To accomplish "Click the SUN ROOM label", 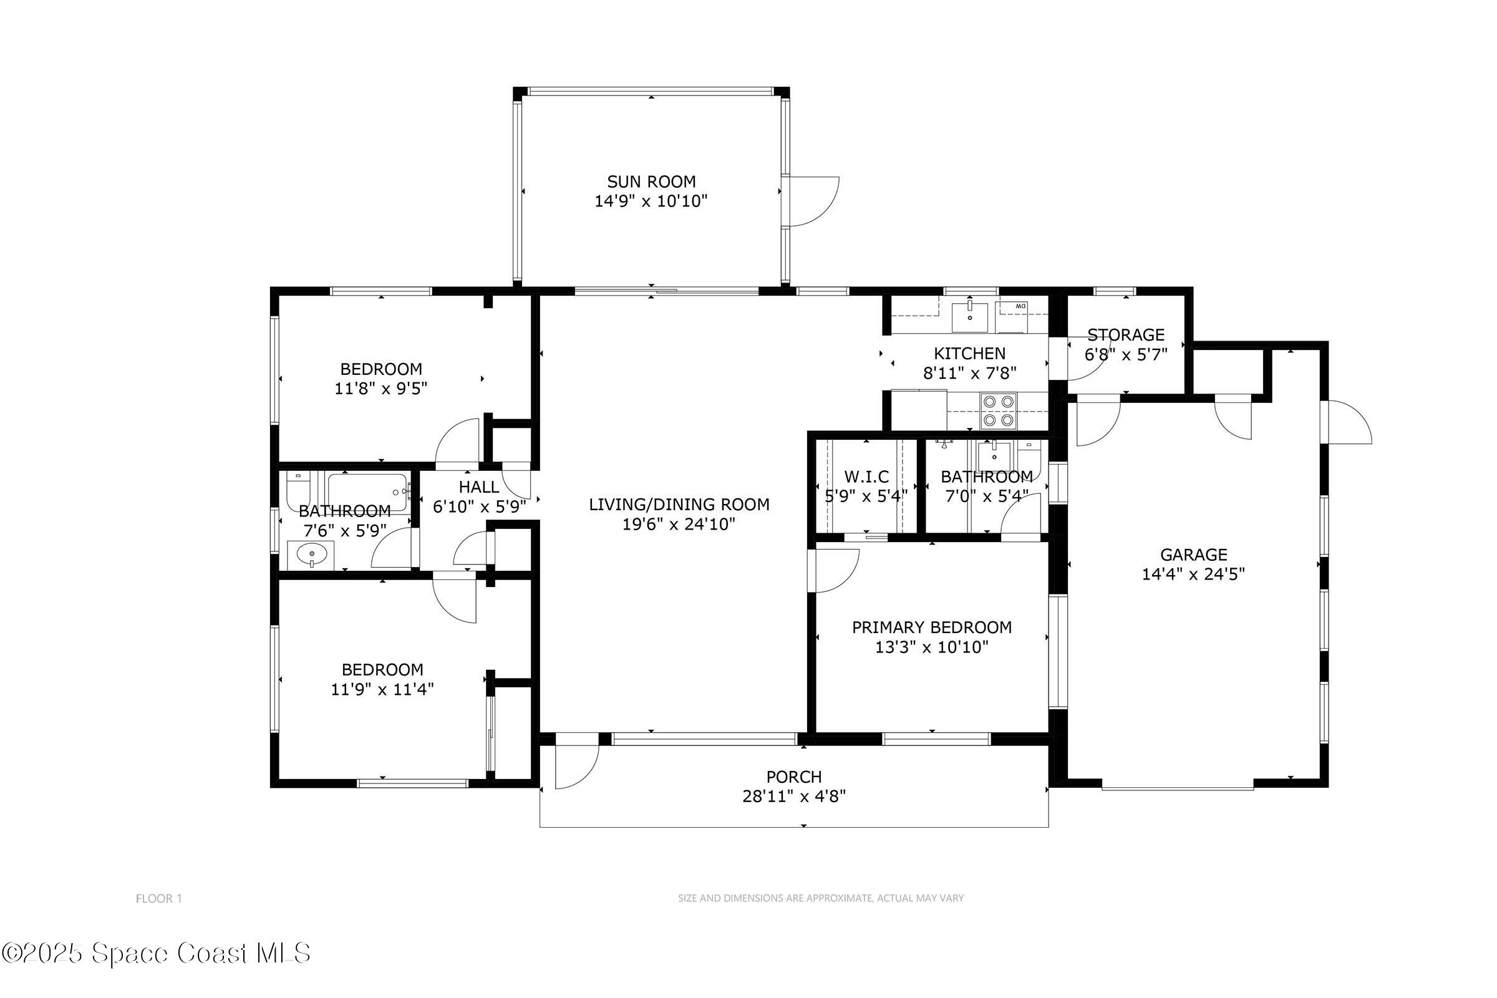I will [651, 182].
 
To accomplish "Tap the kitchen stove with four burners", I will [997, 411].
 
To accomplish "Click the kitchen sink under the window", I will [969, 317].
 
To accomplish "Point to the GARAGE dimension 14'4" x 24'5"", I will [1193, 574].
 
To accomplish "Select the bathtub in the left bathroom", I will [367, 492].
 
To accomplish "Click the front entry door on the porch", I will [576, 763].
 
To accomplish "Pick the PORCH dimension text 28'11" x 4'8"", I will [793, 797].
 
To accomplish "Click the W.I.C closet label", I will [866, 476].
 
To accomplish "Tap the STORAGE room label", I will [1125, 335].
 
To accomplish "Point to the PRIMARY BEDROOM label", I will [931, 627].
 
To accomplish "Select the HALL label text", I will [478, 487].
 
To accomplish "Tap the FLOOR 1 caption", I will [159, 899].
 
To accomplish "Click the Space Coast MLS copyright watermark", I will [156, 954].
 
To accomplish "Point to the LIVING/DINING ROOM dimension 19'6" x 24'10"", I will [679, 525].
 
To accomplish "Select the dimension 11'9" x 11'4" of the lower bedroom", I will [382, 689].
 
